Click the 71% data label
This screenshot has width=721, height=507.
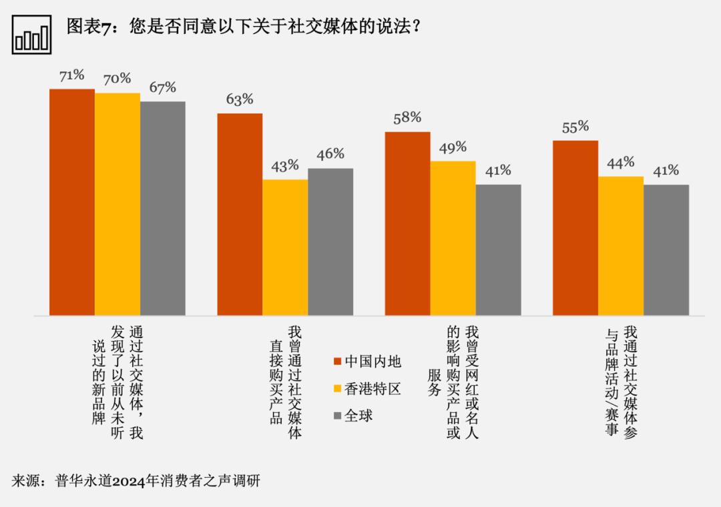[71, 75]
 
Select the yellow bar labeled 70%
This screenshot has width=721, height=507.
[117, 204]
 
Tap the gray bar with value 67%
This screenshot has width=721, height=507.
[163, 208]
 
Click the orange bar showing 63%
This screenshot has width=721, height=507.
[240, 214]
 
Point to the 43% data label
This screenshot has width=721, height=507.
[285, 166]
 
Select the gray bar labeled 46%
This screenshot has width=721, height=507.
[330, 241]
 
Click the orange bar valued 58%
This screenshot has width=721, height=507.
[407, 223]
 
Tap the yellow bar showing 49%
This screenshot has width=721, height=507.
[453, 238]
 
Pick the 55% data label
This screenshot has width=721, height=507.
[575, 127]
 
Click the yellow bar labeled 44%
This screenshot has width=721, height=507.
[621, 245]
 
